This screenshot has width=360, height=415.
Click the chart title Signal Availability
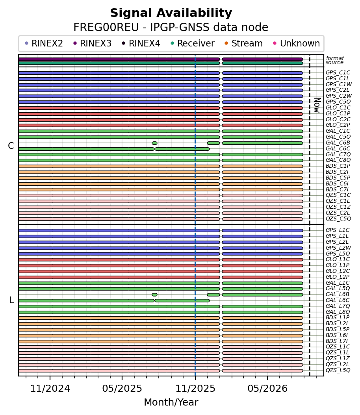(x=171, y=13)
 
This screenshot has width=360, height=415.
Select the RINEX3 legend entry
(x=93, y=43)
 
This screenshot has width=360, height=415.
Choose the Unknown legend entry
(x=297, y=43)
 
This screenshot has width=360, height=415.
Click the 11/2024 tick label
(x=50, y=389)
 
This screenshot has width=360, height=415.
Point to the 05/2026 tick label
(x=267, y=389)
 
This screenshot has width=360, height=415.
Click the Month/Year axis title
(x=171, y=402)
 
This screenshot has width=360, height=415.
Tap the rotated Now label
(x=317, y=105)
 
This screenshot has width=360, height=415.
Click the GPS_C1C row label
(x=338, y=72)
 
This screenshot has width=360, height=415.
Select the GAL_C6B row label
(x=338, y=143)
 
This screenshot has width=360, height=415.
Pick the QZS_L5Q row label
(x=338, y=370)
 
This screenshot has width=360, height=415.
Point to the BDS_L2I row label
(x=337, y=323)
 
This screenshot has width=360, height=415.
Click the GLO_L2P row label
(x=338, y=276)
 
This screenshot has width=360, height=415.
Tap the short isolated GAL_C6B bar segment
(x=154, y=143)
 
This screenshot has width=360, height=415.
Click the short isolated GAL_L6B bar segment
(x=154, y=295)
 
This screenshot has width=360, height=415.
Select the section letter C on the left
(x=11, y=146)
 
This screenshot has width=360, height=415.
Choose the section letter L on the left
(x=11, y=300)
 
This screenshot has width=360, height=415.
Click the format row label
(x=335, y=58)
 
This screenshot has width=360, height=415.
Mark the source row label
(x=334, y=63)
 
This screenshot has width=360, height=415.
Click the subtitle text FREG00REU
(x=106, y=27)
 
